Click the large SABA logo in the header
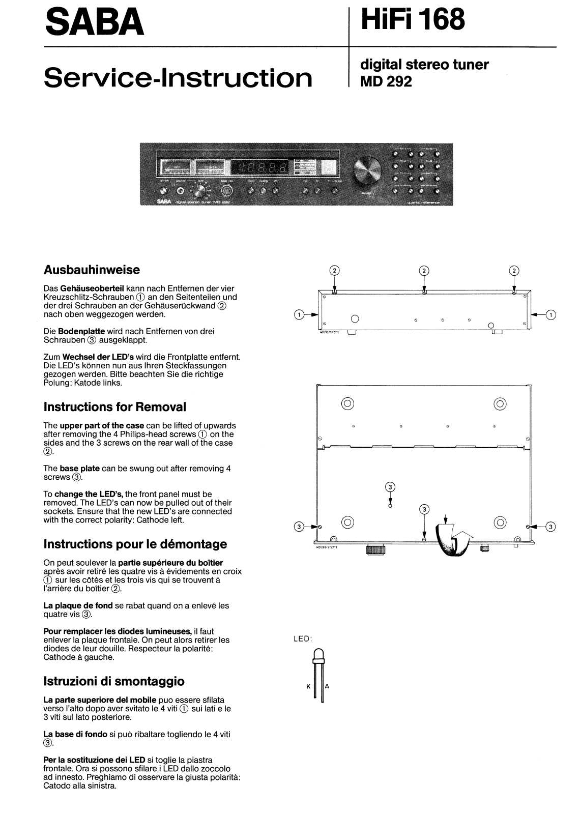[x=94, y=23]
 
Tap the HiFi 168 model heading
[x=412, y=19]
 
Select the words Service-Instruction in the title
[x=178, y=78]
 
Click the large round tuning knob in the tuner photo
[x=367, y=169]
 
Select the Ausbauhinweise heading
[x=92, y=270]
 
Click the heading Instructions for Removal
[x=115, y=407]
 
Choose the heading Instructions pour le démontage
[x=135, y=544]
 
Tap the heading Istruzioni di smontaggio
[x=114, y=682]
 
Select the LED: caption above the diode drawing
[x=303, y=639]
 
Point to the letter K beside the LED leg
[x=308, y=686]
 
